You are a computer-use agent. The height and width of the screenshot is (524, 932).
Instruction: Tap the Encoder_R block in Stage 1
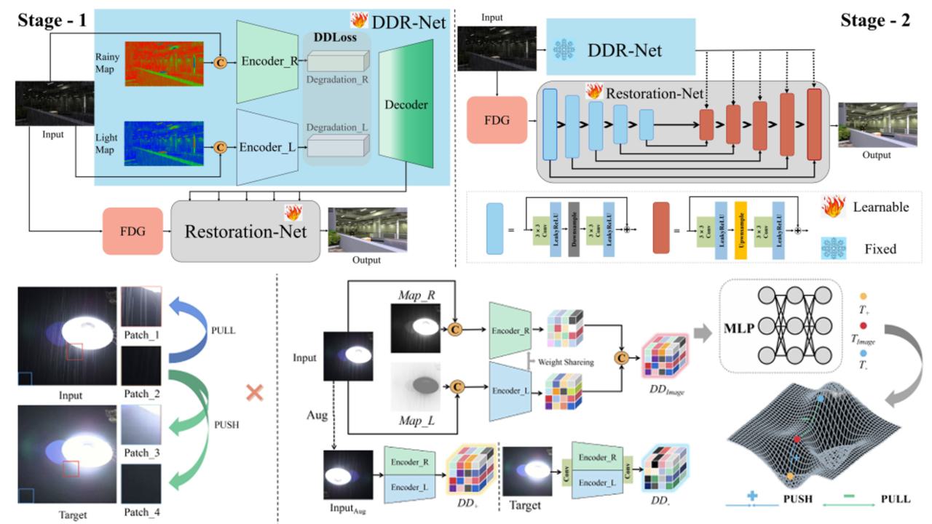click(268, 61)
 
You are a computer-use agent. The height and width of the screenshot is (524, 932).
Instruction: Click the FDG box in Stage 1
click(133, 231)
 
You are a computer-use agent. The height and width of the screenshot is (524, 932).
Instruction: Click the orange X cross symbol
click(254, 394)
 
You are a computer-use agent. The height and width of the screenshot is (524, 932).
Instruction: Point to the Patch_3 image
click(141, 430)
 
